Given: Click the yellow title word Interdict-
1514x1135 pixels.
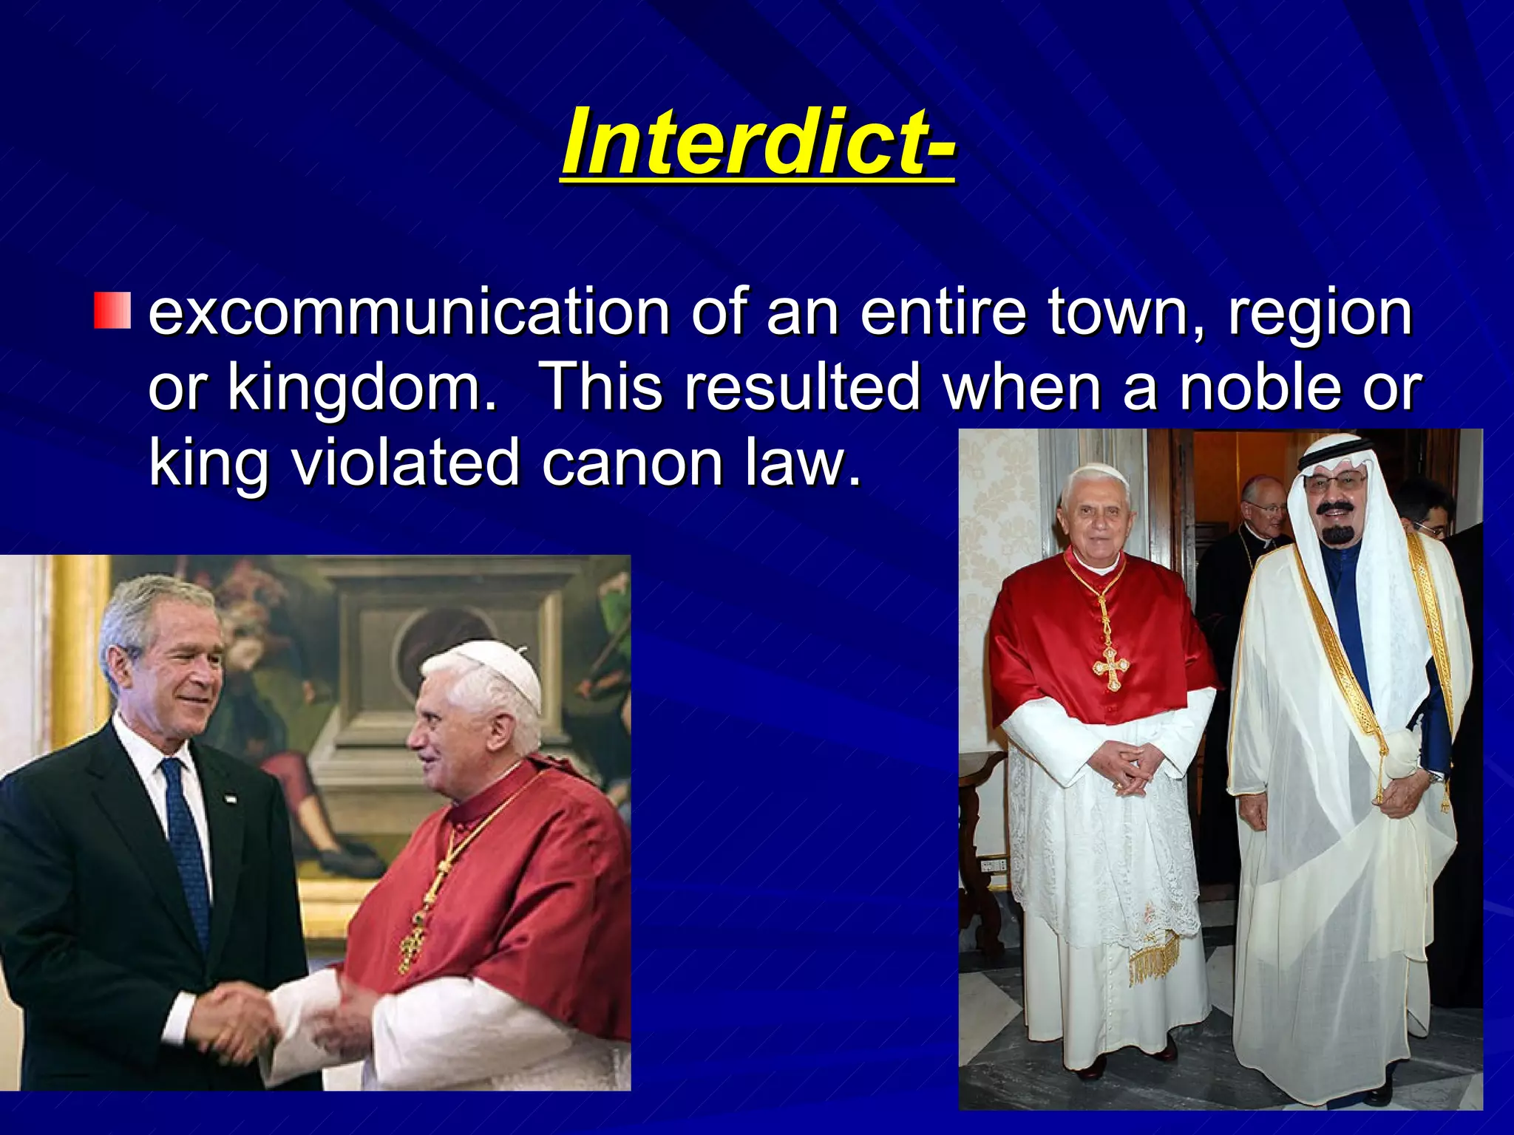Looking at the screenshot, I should pos(758,142).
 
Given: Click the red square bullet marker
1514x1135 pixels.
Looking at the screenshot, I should pos(112,311).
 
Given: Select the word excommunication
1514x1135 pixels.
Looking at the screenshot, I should pos(409,313).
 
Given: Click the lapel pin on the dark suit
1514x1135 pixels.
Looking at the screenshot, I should pos(231,798).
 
